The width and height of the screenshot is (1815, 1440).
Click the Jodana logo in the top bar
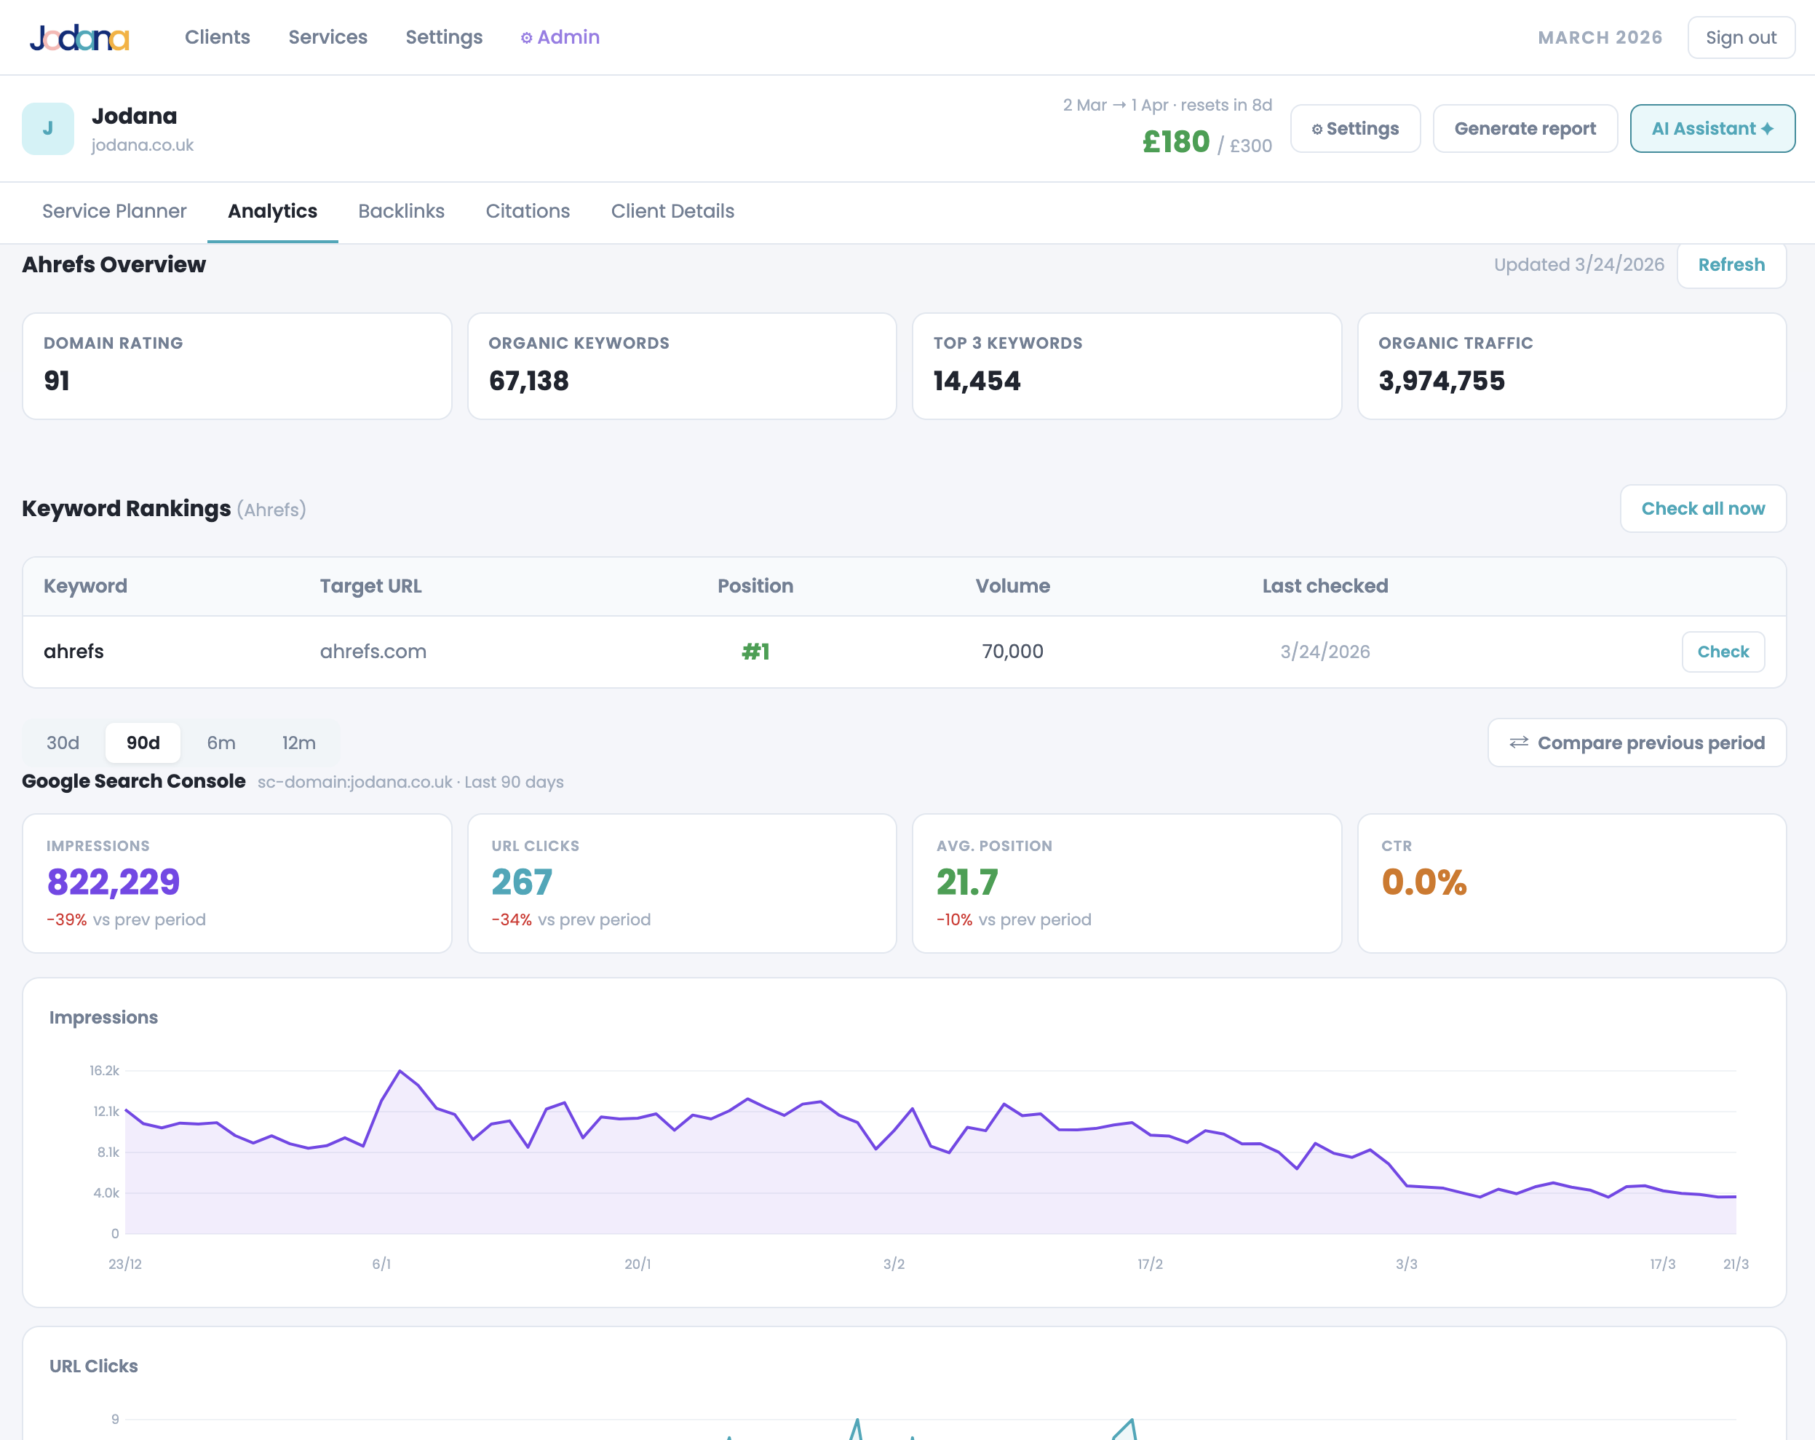click(x=79, y=37)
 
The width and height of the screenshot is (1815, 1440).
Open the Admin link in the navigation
click(x=560, y=37)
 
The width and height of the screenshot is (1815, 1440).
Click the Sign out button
click(x=1740, y=38)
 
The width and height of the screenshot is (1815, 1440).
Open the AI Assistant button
click(x=1712, y=129)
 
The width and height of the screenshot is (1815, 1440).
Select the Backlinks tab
click(x=401, y=211)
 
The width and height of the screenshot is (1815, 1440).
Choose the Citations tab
click(x=527, y=211)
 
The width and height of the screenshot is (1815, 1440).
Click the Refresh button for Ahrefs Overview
click(x=1731, y=265)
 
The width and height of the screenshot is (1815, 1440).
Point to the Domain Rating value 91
click(x=57, y=381)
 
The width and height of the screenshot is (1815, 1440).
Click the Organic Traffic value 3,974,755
click(x=1441, y=381)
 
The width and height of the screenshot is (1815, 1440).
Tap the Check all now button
click(x=1702, y=509)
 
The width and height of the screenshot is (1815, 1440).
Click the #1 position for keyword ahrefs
click(x=755, y=652)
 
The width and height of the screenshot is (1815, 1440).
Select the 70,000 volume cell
click(x=1012, y=652)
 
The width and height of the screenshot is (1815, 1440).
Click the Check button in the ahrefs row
click(x=1723, y=652)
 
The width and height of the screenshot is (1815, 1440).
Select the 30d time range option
click(x=63, y=743)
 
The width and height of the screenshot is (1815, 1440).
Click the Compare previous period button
click(x=1637, y=743)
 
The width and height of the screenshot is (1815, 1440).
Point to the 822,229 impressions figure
click(x=114, y=882)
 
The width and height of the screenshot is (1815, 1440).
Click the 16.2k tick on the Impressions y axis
click(x=104, y=1070)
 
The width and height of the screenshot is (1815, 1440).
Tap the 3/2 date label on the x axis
click(x=893, y=1264)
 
